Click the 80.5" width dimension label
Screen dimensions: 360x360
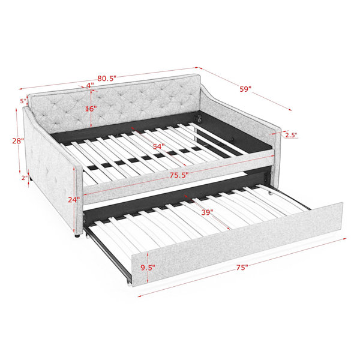(107, 79)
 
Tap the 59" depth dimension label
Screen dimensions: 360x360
(245, 89)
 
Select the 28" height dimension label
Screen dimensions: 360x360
(18, 141)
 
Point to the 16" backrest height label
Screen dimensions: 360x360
(91, 109)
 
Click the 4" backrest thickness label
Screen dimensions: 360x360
(90, 85)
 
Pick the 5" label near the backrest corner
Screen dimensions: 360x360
(23, 101)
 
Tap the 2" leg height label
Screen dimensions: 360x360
(25, 178)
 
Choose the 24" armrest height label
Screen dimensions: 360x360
(74, 200)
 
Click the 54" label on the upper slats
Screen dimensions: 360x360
(158, 146)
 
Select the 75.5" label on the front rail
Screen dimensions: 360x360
(179, 175)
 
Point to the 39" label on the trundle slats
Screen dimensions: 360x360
(208, 212)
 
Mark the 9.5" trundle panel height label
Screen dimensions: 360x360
(148, 268)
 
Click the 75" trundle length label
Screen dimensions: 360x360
(242, 268)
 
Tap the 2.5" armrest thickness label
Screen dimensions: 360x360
(292, 135)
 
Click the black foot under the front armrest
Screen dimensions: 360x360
(77, 235)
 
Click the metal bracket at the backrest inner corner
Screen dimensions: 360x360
(199, 118)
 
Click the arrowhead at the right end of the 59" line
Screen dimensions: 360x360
(290, 110)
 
